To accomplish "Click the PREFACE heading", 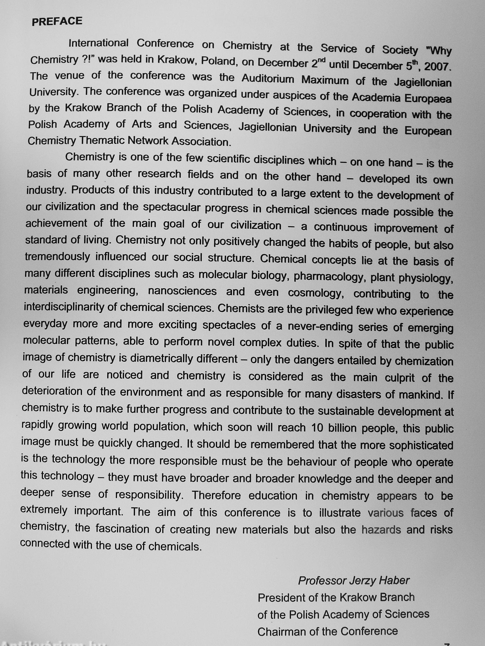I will pyautogui.click(x=57, y=21).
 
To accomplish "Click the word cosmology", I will pyautogui.click(x=316, y=293).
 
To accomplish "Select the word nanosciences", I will pyautogui.click(x=182, y=291).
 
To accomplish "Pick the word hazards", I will pyautogui.click(x=381, y=529).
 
